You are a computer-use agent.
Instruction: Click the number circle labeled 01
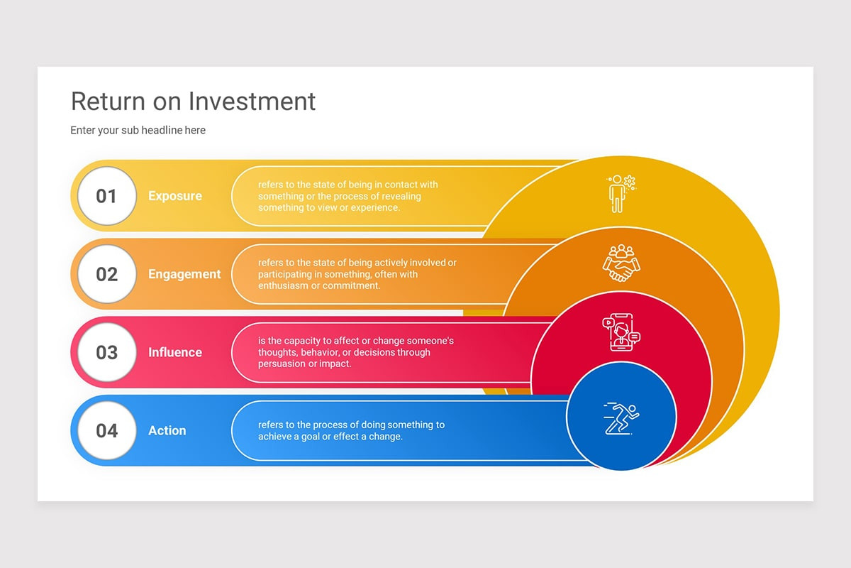pyautogui.click(x=106, y=196)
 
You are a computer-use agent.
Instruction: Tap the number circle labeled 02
pyautogui.click(x=106, y=274)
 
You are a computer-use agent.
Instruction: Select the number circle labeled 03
pyautogui.click(x=106, y=352)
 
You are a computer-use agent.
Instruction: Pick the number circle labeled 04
pyautogui.click(x=106, y=430)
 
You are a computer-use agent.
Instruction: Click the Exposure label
pyautogui.click(x=174, y=196)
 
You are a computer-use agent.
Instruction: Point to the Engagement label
pyautogui.click(x=184, y=274)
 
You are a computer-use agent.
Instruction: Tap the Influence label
pyautogui.click(x=174, y=352)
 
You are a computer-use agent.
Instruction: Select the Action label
pyautogui.click(x=167, y=430)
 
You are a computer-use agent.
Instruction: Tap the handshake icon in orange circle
pyautogui.click(x=621, y=263)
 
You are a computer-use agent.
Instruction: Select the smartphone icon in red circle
pyautogui.click(x=621, y=332)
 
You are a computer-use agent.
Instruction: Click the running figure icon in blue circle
pyautogui.click(x=621, y=418)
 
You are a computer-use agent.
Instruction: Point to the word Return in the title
pyautogui.click(x=108, y=101)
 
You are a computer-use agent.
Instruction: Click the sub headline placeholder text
pyautogui.click(x=138, y=130)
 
